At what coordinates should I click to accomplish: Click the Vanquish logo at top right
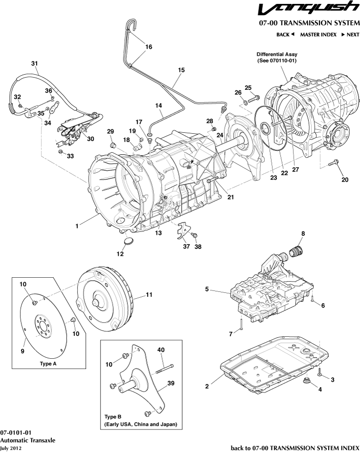tap(308, 9)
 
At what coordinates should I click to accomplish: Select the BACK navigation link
tap(285, 35)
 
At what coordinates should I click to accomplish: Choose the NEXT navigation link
tap(350, 35)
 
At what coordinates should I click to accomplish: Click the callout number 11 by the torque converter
tap(149, 295)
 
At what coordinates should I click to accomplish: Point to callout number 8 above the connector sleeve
tap(302, 234)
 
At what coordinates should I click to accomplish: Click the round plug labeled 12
tap(128, 241)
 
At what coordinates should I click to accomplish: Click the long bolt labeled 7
tap(242, 324)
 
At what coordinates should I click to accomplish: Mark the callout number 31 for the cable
tap(34, 63)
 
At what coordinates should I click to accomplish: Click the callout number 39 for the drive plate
tap(171, 383)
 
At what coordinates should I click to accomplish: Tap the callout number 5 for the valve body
tap(207, 289)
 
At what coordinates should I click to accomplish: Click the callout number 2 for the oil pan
tap(207, 386)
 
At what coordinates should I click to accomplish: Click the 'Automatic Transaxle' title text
tap(27, 440)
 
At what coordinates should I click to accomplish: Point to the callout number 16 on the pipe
tap(148, 47)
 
